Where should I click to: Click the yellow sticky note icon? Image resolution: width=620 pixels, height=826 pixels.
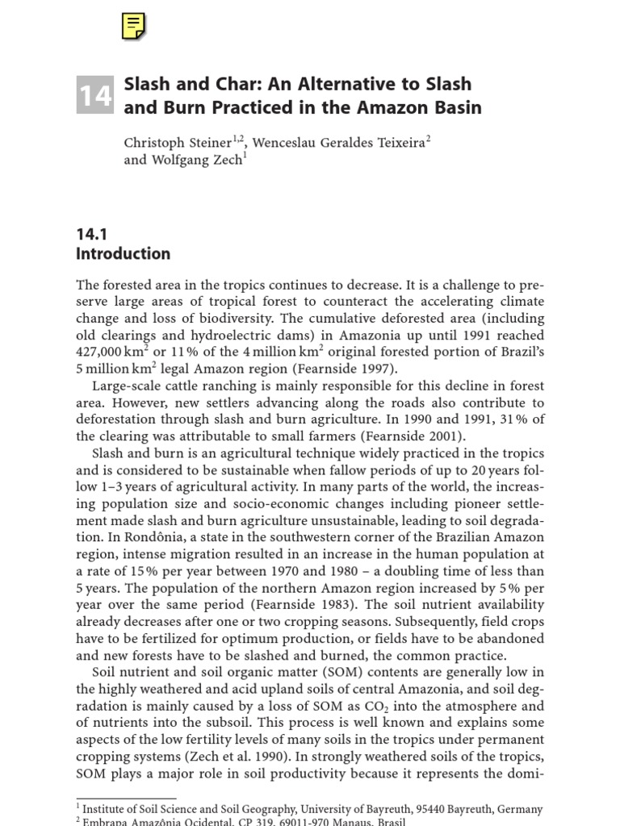(x=134, y=26)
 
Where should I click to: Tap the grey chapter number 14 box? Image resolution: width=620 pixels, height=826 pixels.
(x=94, y=96)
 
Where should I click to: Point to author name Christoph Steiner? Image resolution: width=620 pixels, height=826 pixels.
(x=178, y=143)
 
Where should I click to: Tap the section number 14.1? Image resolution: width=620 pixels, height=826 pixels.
(x=91, y=234)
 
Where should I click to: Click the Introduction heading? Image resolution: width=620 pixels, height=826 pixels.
(x=123, y=254)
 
